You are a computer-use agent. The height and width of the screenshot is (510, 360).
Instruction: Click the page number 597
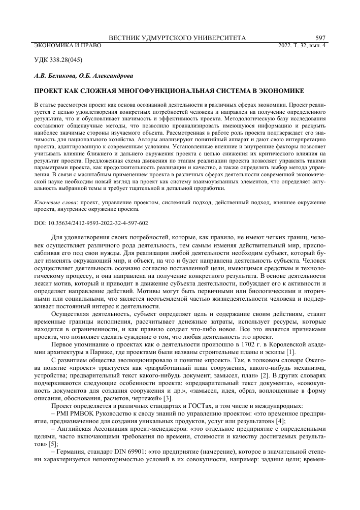click(320, 38)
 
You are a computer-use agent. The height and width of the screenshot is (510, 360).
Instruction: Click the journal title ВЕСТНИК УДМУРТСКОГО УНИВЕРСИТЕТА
click(178, 38)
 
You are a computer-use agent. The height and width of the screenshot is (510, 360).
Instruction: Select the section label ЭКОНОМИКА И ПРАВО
click(67, 45)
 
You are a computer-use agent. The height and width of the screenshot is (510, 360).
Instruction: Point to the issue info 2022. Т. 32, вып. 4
click(303, 45)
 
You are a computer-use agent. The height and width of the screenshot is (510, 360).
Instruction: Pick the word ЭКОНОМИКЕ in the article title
click(282, 91)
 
